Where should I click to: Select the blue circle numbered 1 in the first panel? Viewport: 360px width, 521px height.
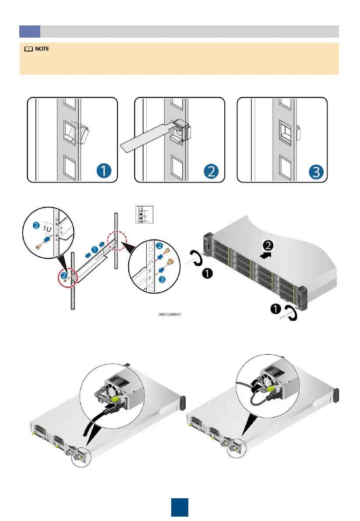click(104, 170)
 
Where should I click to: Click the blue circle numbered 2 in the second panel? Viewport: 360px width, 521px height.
click(211, 170)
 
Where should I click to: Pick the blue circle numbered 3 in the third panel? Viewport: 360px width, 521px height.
click(314, 170)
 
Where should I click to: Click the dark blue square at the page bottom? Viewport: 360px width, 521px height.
click(180, 507)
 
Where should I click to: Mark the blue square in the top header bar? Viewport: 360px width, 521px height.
click(30, 31)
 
